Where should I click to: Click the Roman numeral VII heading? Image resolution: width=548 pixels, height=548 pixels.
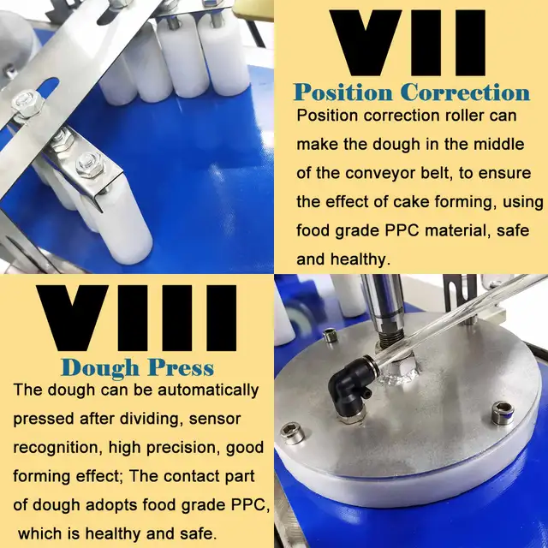click(408, 43)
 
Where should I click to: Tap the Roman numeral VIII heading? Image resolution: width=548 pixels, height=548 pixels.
click(136, 318)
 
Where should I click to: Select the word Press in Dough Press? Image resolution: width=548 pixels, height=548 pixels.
click(181, 367)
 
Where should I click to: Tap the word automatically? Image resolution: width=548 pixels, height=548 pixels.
click(208, 390)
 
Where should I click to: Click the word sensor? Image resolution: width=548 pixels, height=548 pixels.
click(215, 419)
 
